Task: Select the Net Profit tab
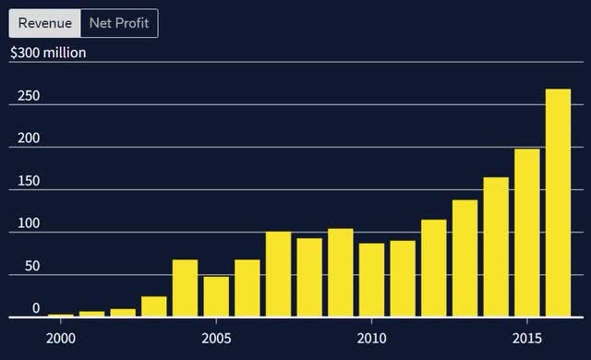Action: (118, 23)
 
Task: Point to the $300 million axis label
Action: (48, 53)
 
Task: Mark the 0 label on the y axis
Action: (36, 308)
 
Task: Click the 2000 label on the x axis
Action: (61, 337)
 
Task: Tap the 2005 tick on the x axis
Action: (216, 337)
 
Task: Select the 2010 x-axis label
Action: (371, 337)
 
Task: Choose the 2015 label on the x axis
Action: (526, 337)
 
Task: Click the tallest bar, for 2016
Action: (558, 203)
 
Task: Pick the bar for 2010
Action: (371, 280)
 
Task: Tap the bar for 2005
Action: (216, 296)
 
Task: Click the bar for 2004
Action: (185, 288)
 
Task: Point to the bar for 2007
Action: (278, 274)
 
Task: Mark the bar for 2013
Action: (464, 258)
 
